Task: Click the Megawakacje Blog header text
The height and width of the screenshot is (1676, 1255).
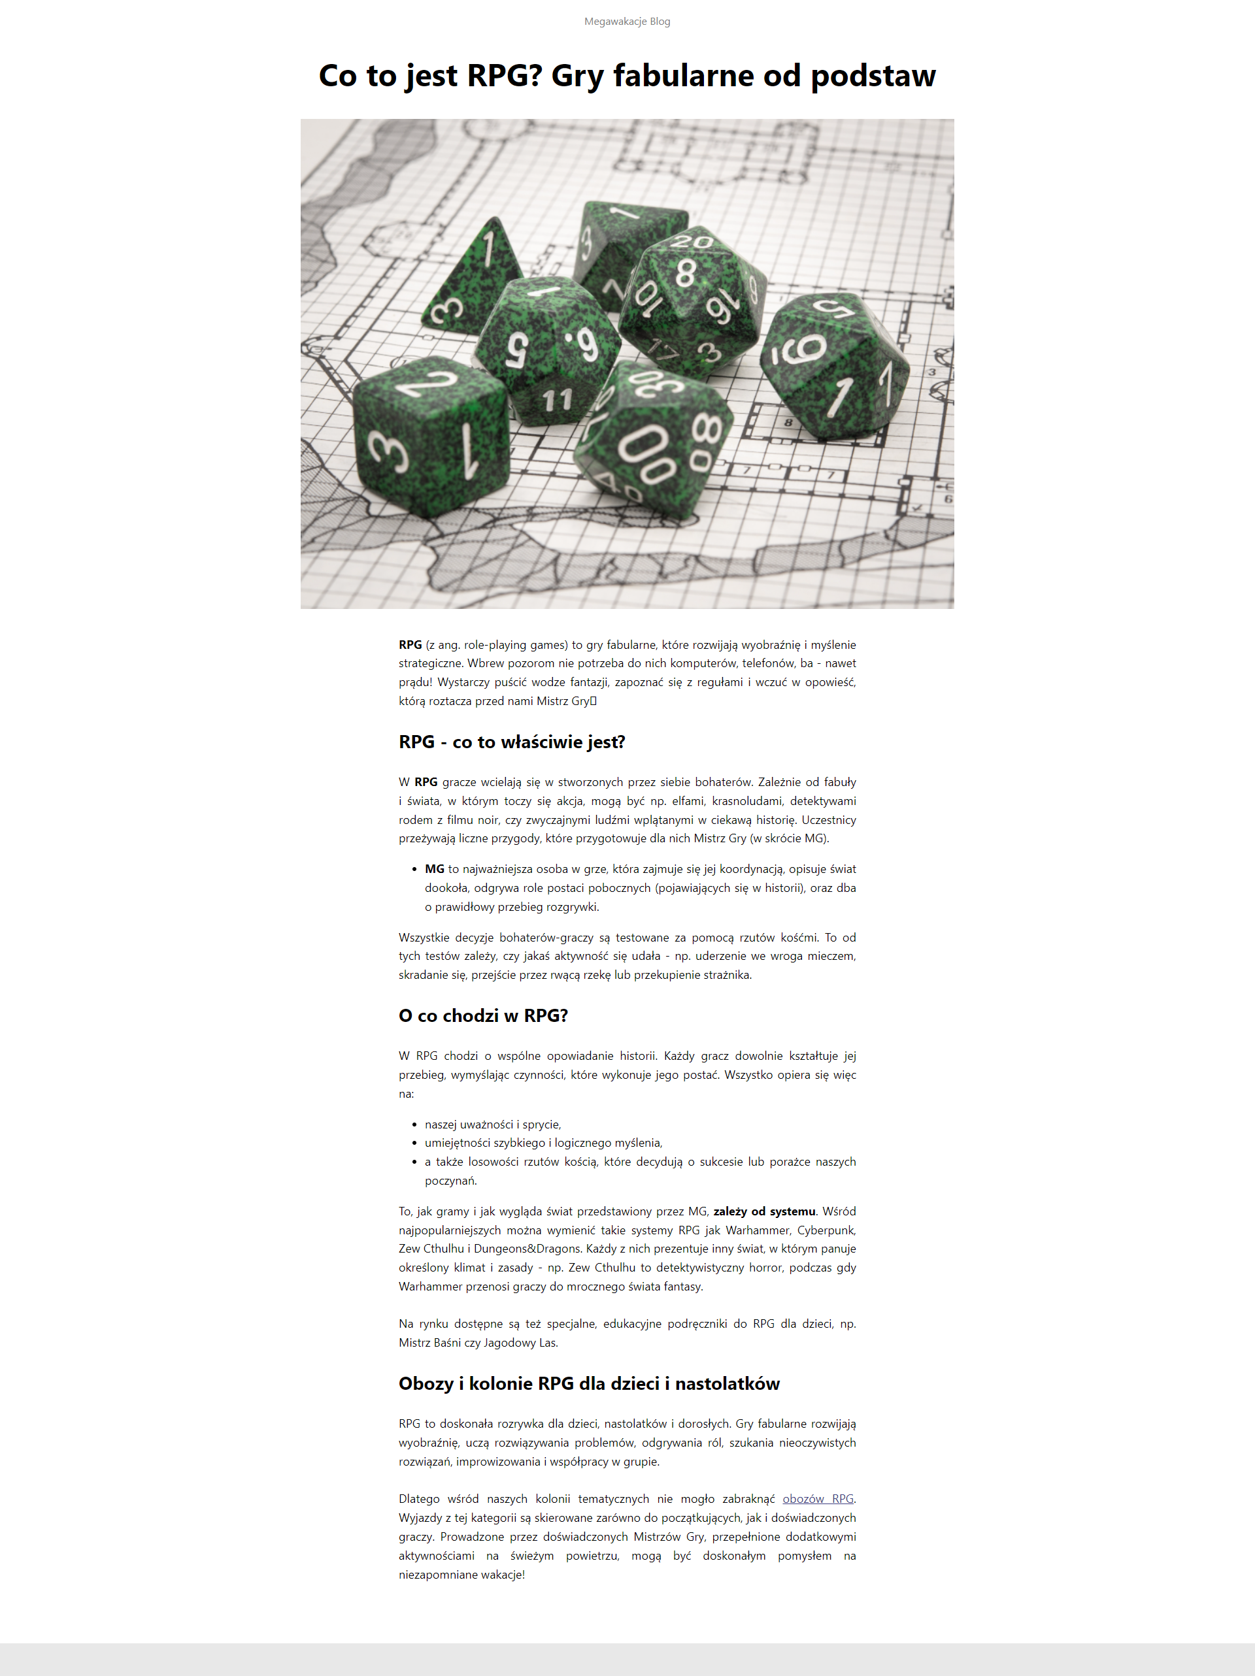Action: (627, 21)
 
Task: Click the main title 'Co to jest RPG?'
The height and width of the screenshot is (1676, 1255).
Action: (627, 76)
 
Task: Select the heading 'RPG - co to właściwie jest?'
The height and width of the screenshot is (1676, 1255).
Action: (512, 742)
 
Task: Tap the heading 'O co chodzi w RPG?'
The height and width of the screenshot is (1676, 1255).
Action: (483, 1015)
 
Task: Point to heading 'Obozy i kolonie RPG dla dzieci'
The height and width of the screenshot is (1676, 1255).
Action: (589, 1383)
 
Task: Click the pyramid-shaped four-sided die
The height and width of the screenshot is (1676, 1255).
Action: (476, 280)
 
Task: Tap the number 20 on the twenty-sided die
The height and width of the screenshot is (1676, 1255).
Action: (691, 242)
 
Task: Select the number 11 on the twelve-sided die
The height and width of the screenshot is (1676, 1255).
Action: (557, 399)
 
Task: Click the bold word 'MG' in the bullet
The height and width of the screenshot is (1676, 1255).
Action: (434, 868)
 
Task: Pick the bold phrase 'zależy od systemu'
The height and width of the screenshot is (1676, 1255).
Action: (764, 1211)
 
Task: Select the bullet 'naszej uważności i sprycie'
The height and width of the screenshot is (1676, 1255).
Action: (493, 1125)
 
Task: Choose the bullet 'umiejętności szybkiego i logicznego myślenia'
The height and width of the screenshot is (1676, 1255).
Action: (543, 1143)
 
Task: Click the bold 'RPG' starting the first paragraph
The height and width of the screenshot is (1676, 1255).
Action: (410, 644)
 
